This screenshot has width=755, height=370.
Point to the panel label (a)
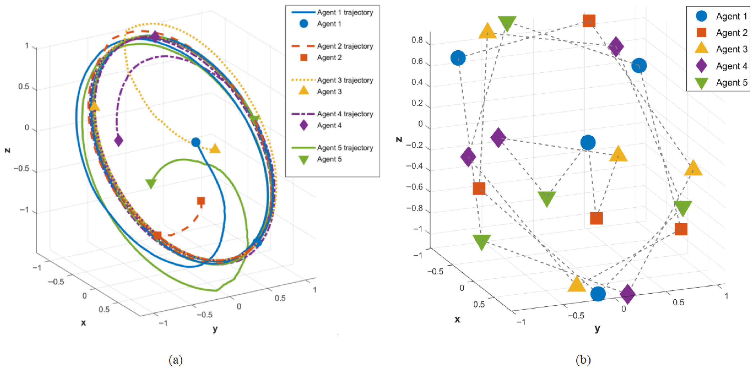(x=175, y=359)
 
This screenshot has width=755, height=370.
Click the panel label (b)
(x=583, y=359)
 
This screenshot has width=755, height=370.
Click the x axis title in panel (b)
(x=457, y=319)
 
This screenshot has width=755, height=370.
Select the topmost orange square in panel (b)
(x=589, y=20)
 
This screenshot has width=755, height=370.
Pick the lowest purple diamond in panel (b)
(x=628, y=294)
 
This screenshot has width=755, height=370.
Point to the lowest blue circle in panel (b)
(x=598, y=294)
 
